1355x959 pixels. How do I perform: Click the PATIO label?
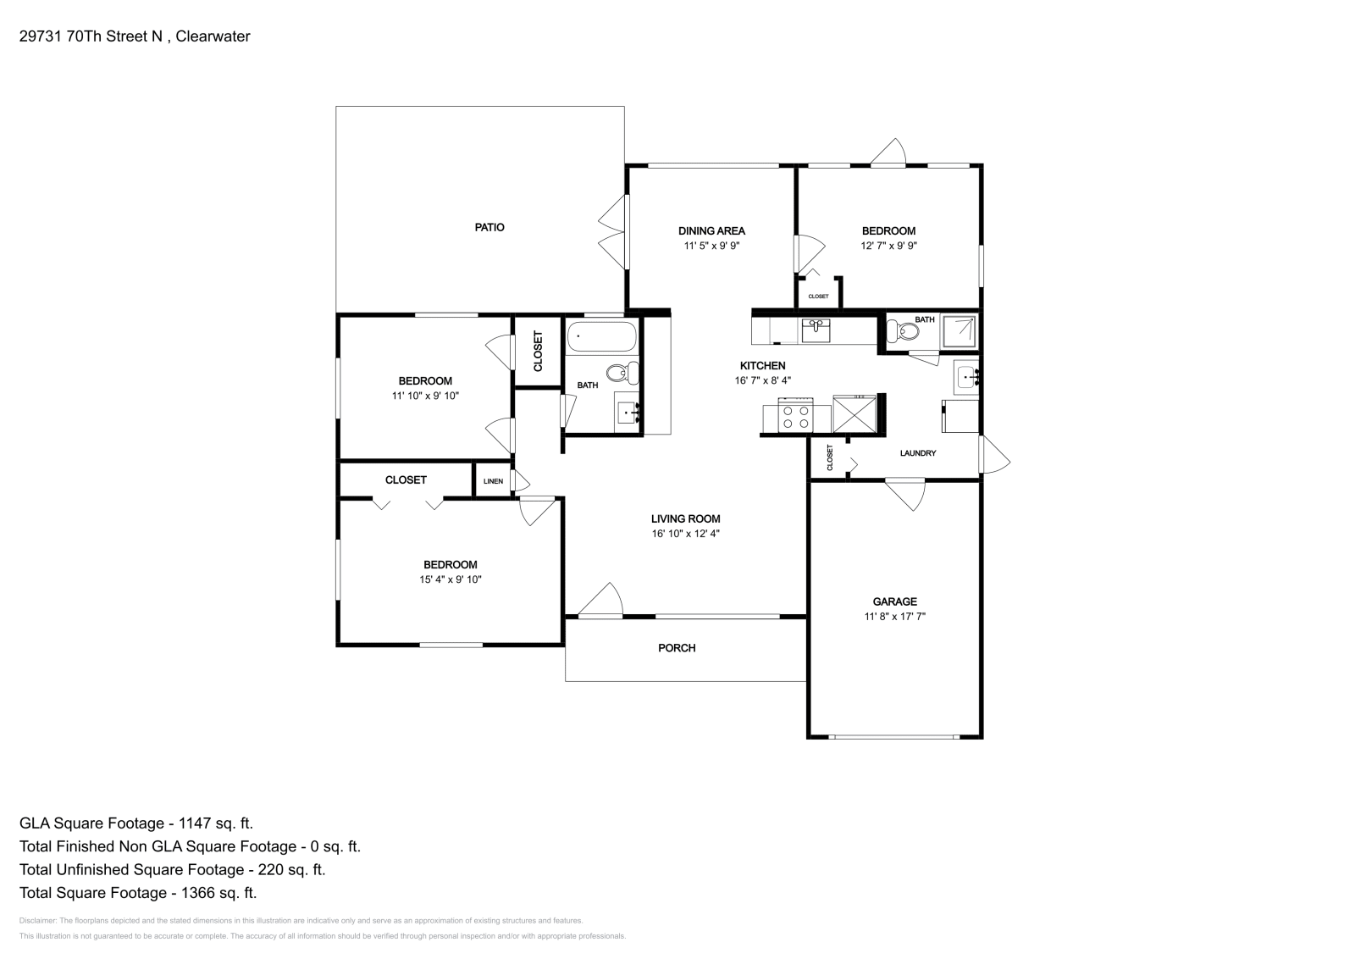[x=489, y=228]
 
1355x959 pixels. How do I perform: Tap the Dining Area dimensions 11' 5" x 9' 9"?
[x=711, y=246]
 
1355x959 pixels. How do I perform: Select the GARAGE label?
[x=894, y=601]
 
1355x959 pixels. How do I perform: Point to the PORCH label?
[x=677, y=648]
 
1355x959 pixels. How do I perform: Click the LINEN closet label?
[x=493, y=481]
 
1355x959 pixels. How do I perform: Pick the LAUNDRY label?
[x=918, y=453]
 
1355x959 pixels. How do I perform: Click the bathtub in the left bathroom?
[x=602, y=337]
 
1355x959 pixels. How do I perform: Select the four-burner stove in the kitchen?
[x=795, y=415]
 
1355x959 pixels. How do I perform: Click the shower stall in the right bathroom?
[x=959, y=331]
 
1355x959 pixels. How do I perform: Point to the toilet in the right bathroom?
[x=902, y=331]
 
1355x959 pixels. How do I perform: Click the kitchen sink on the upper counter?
[x=816, y=330]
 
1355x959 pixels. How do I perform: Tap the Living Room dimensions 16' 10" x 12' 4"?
[x=685, y=534]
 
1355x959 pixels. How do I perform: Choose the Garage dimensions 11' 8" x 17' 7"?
[x=894, y=617]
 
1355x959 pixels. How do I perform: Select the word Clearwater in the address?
[x=213, y=36]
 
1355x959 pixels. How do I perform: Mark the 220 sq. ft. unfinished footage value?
[x=291, y=869]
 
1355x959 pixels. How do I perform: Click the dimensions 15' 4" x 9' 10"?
[x=450, y=579]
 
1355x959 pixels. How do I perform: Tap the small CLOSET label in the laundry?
[x=830, y=457]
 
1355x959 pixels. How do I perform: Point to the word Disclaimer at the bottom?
[x=38, y=921]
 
